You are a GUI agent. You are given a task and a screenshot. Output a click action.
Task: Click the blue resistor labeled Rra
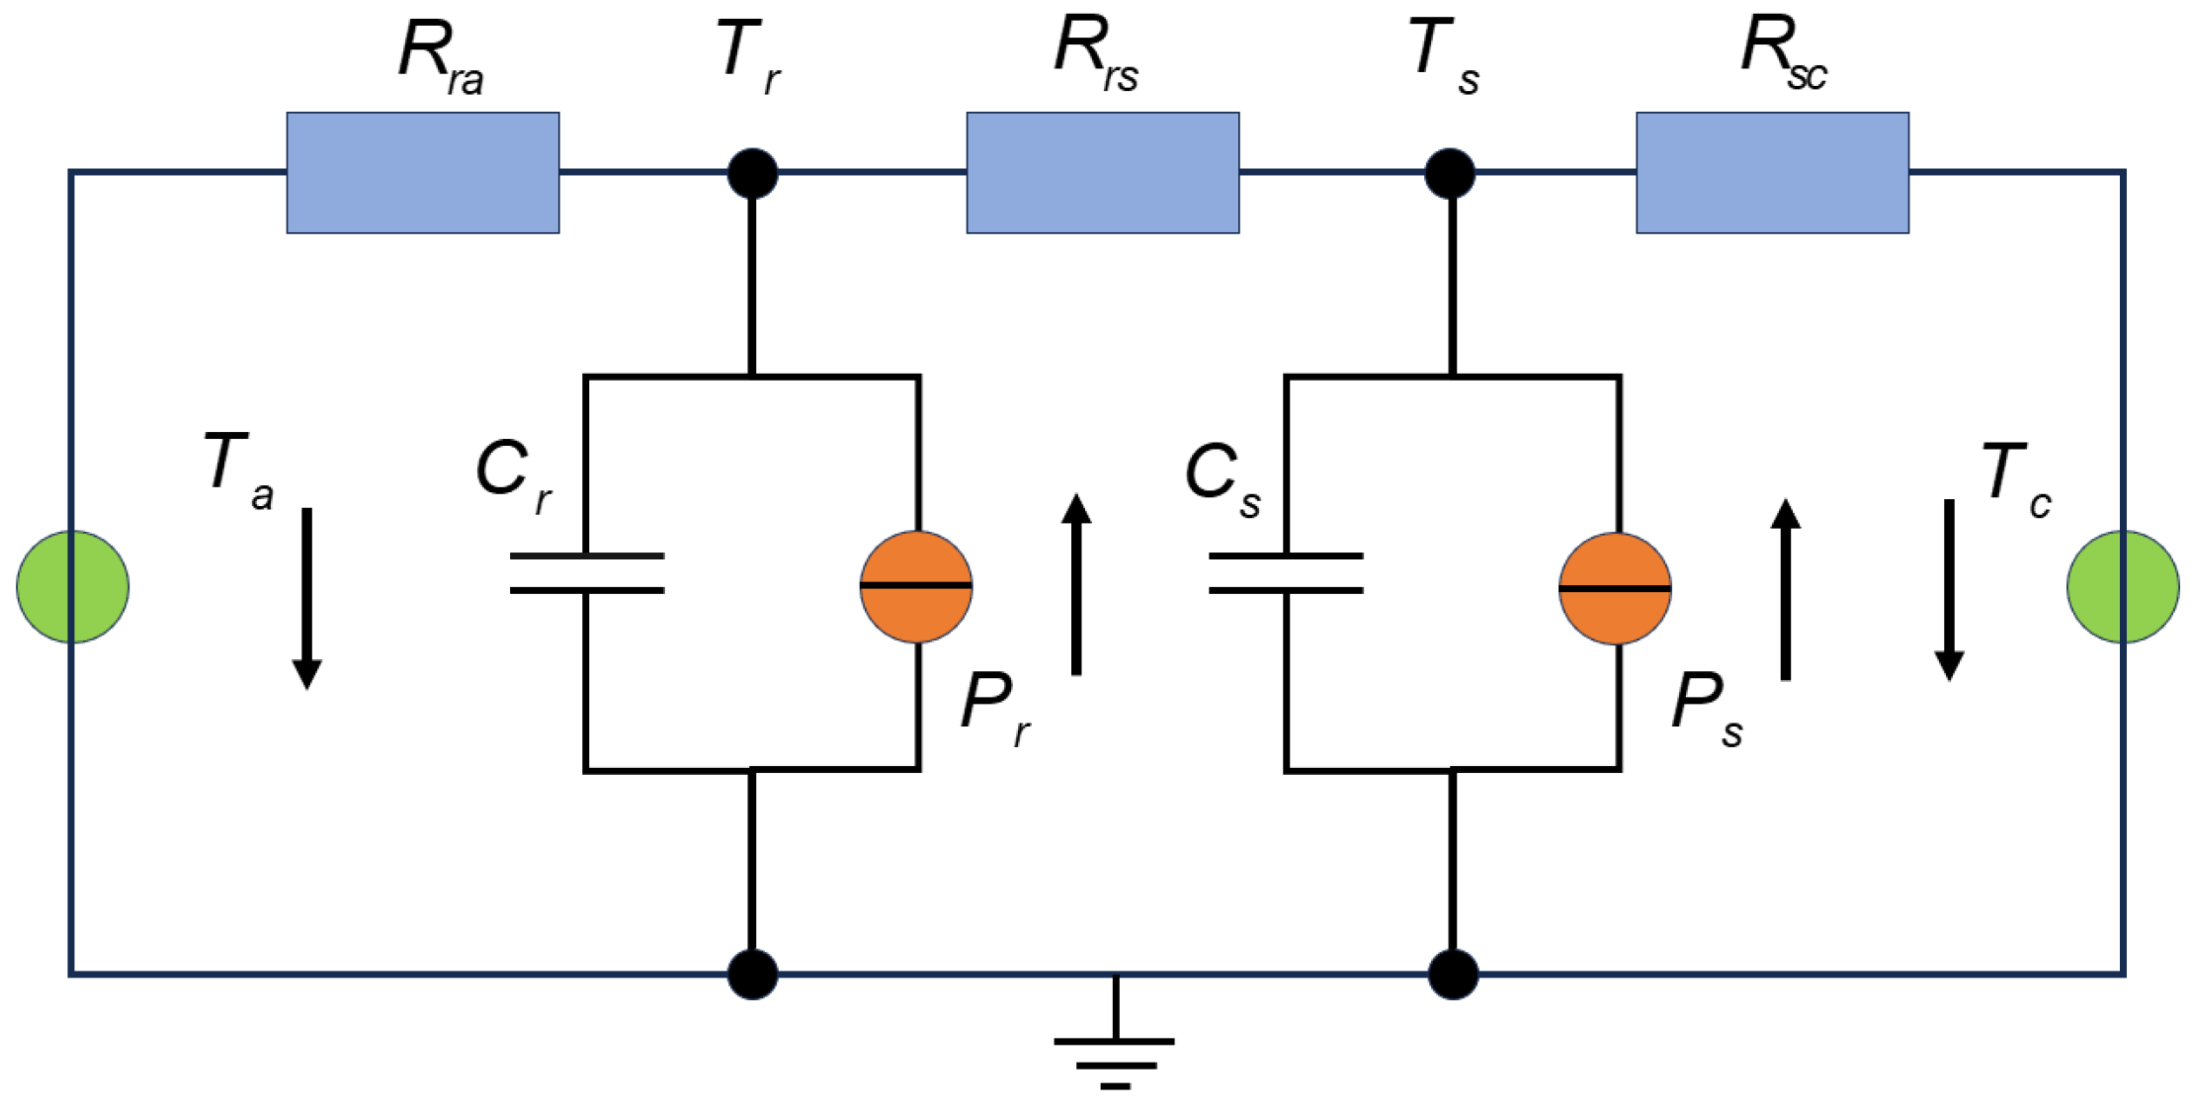423,173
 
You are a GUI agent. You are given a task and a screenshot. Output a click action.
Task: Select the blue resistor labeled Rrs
1102,173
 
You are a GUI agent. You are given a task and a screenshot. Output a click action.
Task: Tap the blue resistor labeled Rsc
1772,173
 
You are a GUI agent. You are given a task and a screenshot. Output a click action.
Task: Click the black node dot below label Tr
752,174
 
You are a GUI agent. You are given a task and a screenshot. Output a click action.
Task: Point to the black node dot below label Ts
1450,174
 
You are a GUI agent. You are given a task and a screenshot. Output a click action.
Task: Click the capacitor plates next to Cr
587,573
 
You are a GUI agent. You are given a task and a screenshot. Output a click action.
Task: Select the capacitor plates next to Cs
1286,573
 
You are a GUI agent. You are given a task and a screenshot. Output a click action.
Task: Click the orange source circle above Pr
916,587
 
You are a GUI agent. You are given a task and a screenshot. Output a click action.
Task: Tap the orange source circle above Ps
1615,589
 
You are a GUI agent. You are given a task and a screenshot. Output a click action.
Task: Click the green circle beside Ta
72,587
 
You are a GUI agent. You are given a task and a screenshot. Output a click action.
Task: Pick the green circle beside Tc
2123,587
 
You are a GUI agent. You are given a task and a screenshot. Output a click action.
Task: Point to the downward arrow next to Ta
306,598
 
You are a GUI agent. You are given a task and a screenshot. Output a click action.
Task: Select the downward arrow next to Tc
1949,590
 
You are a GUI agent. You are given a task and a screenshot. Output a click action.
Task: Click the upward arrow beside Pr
1076,584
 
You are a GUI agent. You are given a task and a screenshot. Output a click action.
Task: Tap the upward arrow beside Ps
1785,589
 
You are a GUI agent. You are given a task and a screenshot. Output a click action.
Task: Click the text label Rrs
1095,54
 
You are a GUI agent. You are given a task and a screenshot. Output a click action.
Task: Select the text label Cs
1224,477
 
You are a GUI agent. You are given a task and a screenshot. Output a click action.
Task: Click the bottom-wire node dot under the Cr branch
752,975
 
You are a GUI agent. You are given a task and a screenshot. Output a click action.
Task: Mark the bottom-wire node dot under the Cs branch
1453,975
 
